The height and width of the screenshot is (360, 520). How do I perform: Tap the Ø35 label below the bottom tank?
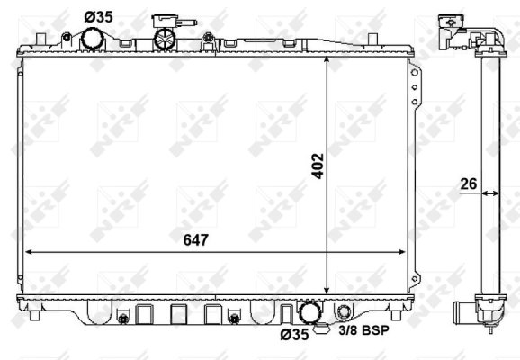pos(294,335)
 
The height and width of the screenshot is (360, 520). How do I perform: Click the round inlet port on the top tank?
pos(93,40)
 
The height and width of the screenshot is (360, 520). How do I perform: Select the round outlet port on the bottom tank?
pos(310,313)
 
